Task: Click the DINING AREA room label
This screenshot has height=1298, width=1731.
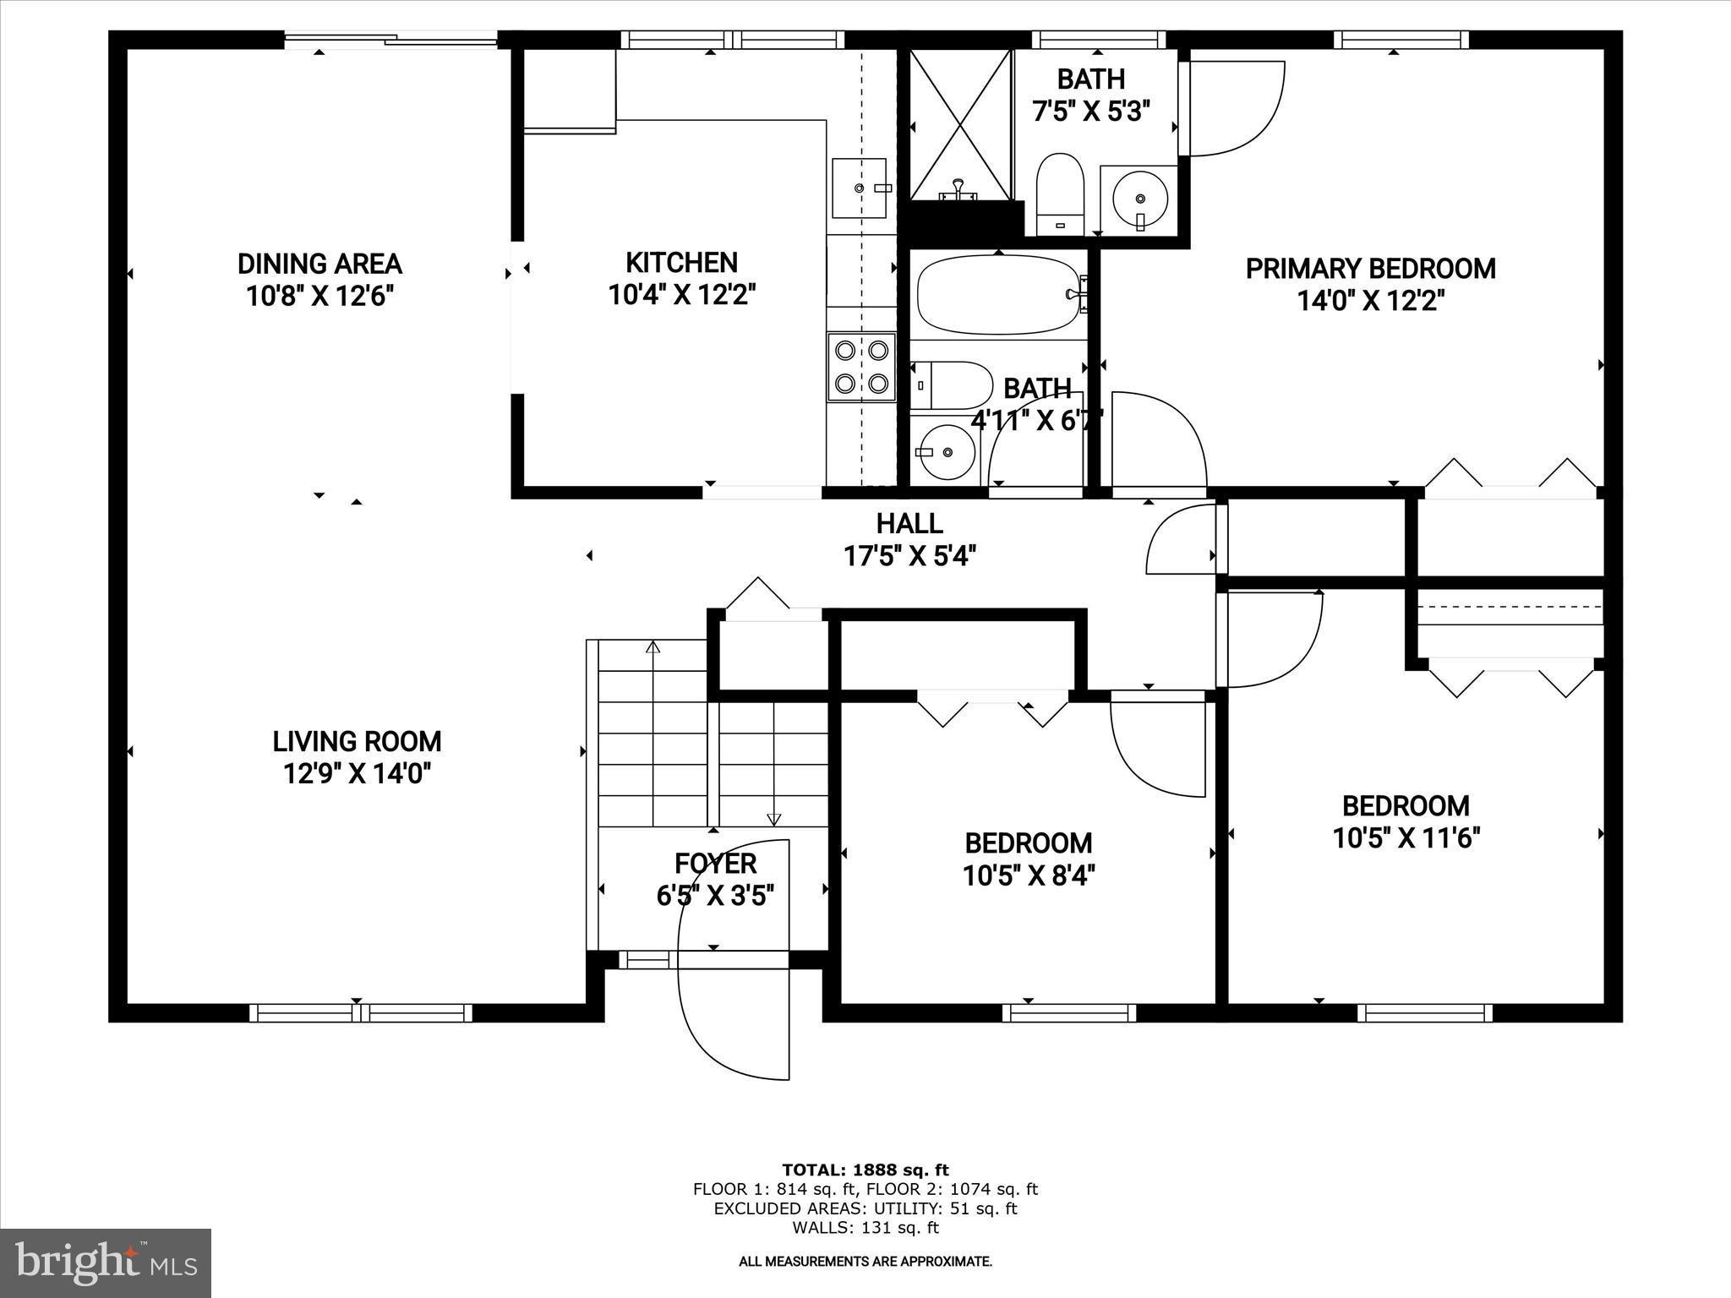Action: [319, 264]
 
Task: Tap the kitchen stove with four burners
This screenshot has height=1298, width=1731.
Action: [860, 366]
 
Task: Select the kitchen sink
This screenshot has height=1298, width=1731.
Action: [859, 188]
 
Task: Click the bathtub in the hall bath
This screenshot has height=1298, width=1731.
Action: [997, 295]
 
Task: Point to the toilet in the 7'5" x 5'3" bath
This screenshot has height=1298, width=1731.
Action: [1060, 193]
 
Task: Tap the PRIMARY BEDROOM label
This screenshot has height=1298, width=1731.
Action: [1370, 269]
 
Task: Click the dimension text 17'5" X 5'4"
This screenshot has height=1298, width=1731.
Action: [909, 556]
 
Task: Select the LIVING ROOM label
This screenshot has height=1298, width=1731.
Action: [357, 741]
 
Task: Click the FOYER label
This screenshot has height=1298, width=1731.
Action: [715, 863]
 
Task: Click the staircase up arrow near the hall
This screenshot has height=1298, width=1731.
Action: [653, 649]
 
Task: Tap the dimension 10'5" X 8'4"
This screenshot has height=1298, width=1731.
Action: [1029, 875]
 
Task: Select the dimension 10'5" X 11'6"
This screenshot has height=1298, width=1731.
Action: [1406, 837]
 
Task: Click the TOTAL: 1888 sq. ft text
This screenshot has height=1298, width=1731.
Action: [865, 1170]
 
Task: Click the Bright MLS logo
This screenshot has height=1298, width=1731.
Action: [106, 1263]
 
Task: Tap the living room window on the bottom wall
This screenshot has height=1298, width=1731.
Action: [361, 1012]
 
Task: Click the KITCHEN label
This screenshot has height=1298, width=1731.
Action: [681, 262]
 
